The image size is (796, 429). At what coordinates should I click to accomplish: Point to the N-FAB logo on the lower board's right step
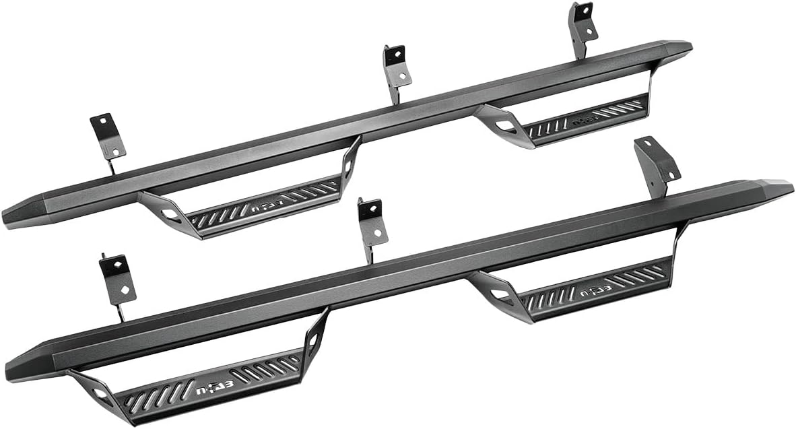tap(585, 291)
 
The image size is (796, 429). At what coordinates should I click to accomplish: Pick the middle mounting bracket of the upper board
tap(397, 67)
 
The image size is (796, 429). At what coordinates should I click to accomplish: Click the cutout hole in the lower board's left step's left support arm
tap(100, 393)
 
